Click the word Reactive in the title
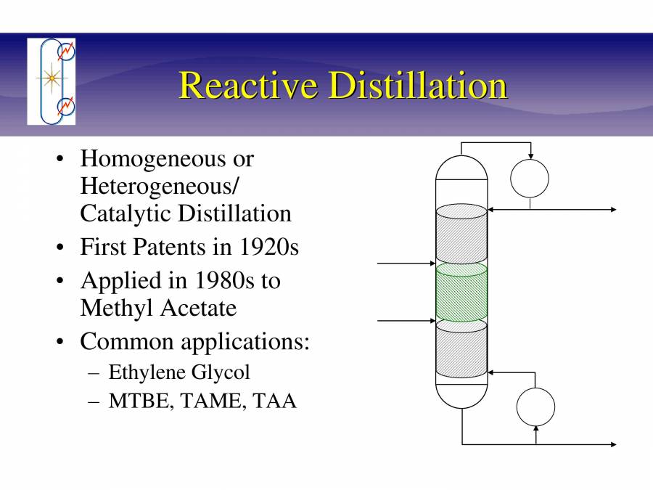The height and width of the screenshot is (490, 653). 247,86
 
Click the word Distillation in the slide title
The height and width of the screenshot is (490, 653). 416,86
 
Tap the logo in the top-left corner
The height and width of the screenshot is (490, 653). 51,81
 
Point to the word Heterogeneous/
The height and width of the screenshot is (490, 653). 159,186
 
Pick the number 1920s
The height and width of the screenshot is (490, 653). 268,247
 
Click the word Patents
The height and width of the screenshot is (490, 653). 171,247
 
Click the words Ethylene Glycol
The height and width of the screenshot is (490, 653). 179,372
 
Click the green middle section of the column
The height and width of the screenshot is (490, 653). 461,293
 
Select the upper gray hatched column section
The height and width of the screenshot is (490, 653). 461,234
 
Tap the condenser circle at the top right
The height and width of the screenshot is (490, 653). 530,179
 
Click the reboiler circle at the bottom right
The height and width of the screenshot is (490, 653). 535,407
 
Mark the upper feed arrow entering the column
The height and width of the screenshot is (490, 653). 406,264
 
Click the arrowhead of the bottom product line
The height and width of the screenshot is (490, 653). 613,444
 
